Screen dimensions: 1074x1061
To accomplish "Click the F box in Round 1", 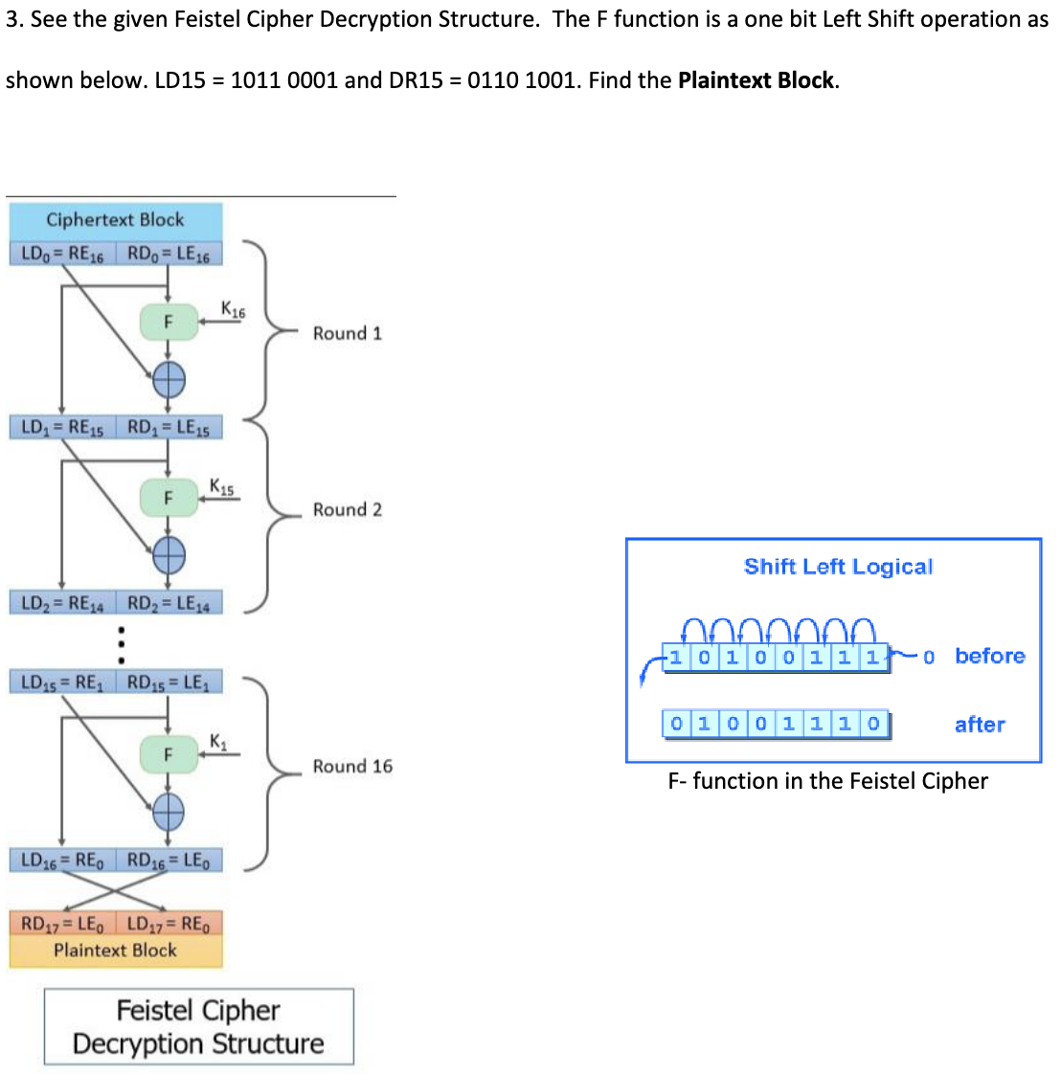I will pyautogui.click(x=169, y=322).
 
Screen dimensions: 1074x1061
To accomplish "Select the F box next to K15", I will pyautogui.click(x=169, y=498).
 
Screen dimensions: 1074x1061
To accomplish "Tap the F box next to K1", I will pyautogui.click(x=169, y=754).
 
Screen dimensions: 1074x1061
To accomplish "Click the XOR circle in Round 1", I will pyautogui.click(x=169, y=381).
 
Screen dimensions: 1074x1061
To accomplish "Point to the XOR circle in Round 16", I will pyautogui.click(x=169, y=813).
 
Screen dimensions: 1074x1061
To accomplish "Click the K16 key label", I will pyautogui.click(x=233, y=309).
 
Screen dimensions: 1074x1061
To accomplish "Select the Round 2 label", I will pyautogui.click(x=347, y=509).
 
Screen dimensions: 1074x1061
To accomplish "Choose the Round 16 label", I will pyautogui.click(x=351, y=766).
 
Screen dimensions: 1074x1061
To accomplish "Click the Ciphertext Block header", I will pyautogui.click(x=115, y=219).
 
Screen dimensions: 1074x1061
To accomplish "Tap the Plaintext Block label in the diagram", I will pyautogui.click(x=115, y=951).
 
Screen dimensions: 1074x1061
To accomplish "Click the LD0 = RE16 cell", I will pyautogui.click(x=62, y=254).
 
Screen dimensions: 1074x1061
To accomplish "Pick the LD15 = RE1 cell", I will pyautogui.click(x=62, y=682).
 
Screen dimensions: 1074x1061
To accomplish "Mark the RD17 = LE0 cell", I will pyautogui.click(x=62, y=924).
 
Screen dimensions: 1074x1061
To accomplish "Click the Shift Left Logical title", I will pyautogui.click(x=838, y=567).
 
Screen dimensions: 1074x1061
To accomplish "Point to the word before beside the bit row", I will pyautogui.click(x=989, y=656).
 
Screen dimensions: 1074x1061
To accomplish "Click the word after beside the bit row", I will pyautogui.click(x=979, y=725).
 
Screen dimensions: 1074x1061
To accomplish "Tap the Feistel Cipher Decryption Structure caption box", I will pyautogui.click(x=198, y=1027).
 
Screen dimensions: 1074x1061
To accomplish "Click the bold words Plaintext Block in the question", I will pyautogui.click(x=756, y=80).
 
